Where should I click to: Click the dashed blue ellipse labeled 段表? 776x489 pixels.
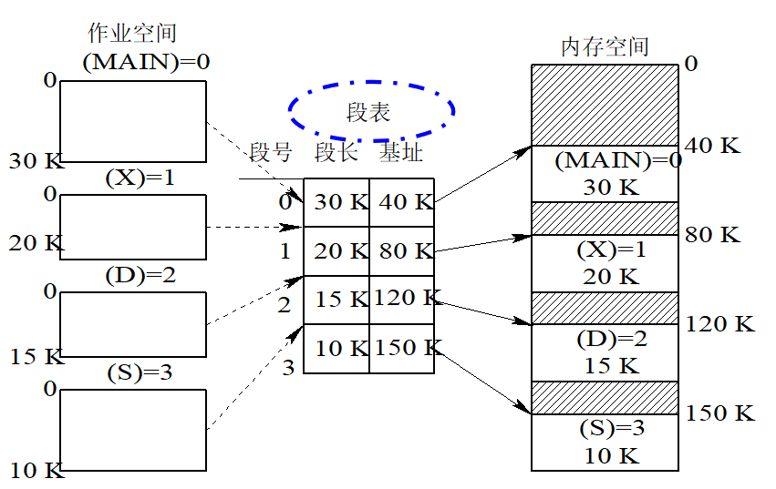coord(371,109)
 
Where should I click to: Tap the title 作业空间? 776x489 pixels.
coord(131,34)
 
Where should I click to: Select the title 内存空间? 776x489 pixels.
coord(604,46)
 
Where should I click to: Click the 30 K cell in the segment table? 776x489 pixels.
coord(337,202)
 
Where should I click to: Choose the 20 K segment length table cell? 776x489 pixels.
coord(337,251)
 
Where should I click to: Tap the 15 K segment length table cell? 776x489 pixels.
coord(337,300)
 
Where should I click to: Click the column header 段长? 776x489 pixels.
coord(336,153)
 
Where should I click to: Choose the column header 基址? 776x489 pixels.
coord(401,153)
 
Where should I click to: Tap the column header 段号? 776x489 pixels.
coord(271,153)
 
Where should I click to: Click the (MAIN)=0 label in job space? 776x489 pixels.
coord(146,62)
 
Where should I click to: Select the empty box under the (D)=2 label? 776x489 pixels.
coord(133,323)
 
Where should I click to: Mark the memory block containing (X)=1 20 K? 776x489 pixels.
coord(605,263)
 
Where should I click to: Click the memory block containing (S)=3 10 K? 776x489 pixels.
coord(605,442)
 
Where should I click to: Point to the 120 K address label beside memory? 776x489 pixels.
coord(720,325)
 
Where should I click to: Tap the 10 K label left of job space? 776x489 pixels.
coord(36,471)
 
